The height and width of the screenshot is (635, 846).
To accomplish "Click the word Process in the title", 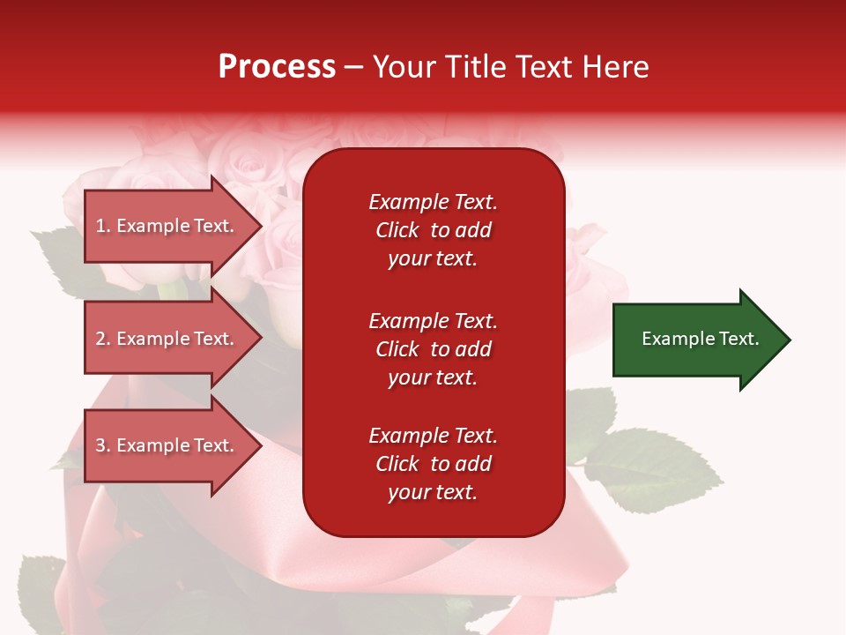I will click(x=277, y=67).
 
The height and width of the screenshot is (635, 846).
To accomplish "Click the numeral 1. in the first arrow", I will click(x=103, y=226).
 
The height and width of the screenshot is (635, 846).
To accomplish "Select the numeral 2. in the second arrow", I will click(x=103, y=339).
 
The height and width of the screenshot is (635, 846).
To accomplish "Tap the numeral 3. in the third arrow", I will click(x=103, y=445).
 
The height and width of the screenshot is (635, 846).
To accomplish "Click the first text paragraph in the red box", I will click(x=433, y=230).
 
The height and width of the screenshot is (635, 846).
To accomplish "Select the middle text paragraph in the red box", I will click(x=433, y=349).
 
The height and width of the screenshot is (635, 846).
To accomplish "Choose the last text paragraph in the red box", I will click(x=433, y=464).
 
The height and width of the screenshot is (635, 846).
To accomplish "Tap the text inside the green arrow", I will click(x=701, y=339).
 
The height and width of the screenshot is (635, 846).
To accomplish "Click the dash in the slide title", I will click(x=354, y=67).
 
